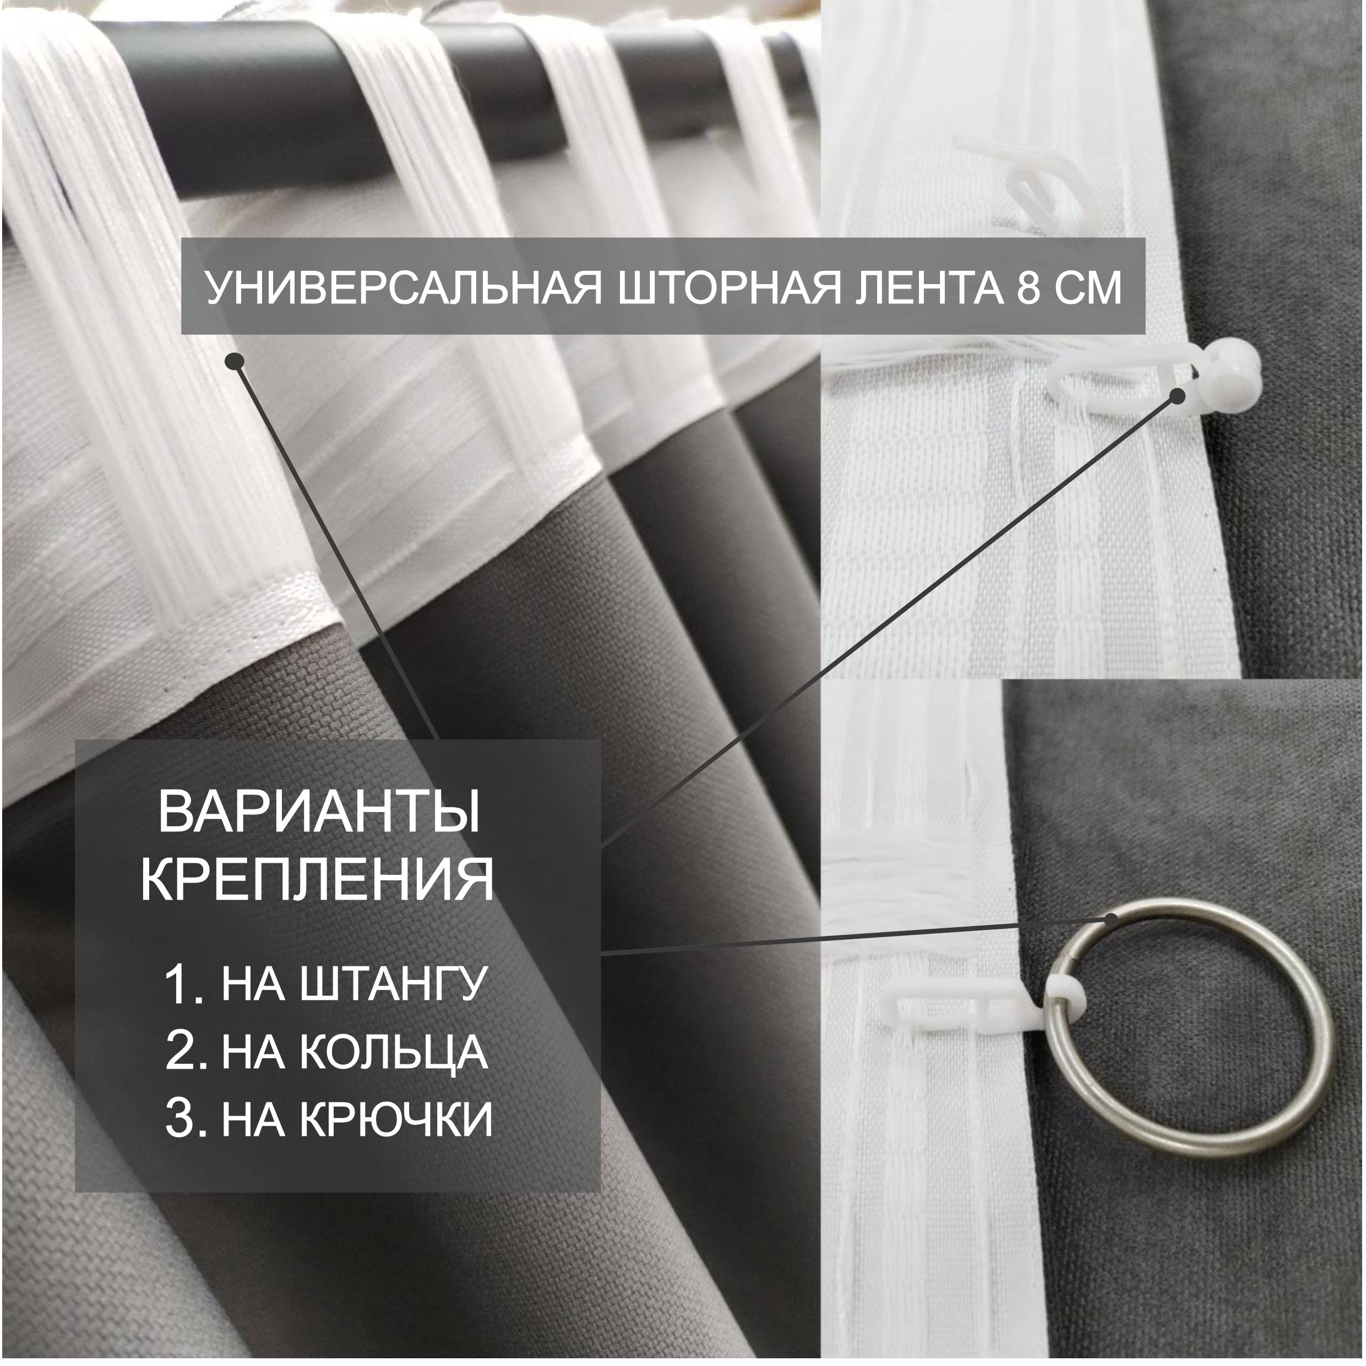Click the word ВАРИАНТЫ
click(319, 813)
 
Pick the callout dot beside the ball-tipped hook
click(1177, 396)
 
